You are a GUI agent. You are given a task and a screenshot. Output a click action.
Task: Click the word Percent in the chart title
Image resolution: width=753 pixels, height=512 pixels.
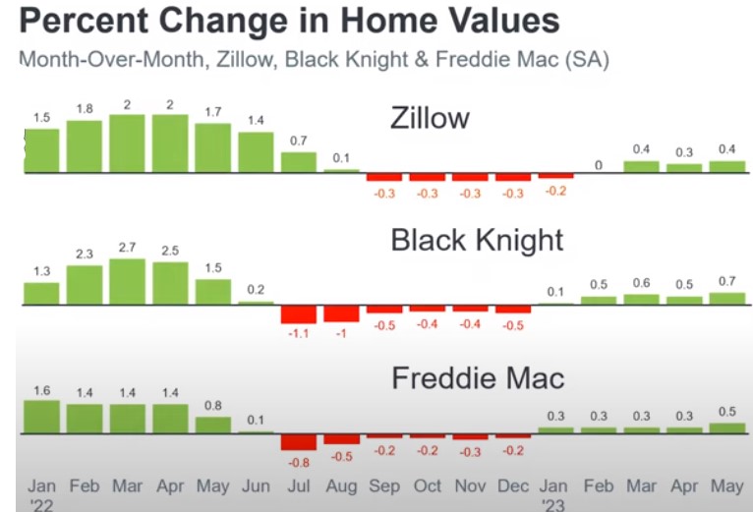click(84, 21)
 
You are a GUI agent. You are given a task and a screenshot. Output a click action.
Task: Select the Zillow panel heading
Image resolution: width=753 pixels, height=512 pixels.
click(430, 118)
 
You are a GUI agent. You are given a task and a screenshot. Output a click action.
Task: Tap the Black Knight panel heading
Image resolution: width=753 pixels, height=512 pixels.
click(477, 240)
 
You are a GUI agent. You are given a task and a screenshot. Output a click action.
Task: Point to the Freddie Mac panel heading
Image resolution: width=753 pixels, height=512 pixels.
click(478, 378)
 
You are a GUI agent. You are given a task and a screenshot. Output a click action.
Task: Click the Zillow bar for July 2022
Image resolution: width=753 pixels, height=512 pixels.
click(299, 162)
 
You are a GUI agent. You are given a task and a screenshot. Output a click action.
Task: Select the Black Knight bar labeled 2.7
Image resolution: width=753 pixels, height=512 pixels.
click(127, 281)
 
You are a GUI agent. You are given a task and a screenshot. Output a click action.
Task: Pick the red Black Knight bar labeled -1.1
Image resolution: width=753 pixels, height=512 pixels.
click(299, 314)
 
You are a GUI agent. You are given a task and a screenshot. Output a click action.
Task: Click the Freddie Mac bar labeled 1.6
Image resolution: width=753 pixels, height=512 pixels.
click(42, 417)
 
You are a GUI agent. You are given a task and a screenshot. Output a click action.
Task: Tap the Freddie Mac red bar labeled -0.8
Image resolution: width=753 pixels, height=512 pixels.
click(299, 442)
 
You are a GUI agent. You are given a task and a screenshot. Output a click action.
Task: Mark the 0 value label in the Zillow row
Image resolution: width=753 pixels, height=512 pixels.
click(599, 165)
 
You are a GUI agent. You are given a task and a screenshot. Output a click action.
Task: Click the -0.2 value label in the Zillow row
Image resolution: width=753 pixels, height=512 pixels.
click(555, 192)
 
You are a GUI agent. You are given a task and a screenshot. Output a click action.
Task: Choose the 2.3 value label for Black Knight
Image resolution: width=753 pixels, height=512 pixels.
click(85, 255)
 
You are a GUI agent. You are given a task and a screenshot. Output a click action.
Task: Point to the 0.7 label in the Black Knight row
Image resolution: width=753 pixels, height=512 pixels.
click(727, 281)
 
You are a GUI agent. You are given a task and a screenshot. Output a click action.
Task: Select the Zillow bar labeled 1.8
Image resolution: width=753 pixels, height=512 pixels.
click(85, 146)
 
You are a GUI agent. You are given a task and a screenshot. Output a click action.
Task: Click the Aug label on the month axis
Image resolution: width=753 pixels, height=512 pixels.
click(341, 486)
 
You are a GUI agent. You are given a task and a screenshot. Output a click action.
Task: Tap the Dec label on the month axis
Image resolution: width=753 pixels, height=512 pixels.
click(513, 486)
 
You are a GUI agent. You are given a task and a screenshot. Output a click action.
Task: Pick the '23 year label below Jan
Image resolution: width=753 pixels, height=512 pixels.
click(553, 505)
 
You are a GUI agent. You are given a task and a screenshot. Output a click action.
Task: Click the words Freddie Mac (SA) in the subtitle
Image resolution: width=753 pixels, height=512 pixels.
click(523, 60)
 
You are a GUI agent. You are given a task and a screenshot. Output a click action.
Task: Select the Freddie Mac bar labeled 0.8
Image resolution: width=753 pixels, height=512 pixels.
click(212, 426)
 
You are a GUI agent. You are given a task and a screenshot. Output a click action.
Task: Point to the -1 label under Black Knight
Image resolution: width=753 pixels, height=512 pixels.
click(341, 333)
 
